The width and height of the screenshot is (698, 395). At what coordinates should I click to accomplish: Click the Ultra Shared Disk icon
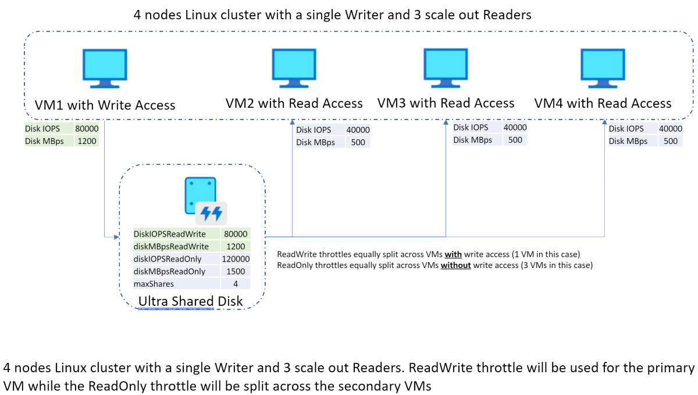[204, 200]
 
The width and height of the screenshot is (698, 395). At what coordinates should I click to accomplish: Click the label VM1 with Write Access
[105, 105]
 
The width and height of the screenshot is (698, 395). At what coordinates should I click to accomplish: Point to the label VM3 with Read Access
[446, 104]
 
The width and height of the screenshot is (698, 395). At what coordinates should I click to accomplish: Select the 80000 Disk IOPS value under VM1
[87, 129]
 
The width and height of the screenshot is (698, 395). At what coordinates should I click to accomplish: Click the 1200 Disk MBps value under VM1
[87, 141]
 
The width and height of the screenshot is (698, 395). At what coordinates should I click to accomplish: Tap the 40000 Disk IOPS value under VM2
[358, 130]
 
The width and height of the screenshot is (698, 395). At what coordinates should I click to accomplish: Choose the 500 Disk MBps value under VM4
[670, 141]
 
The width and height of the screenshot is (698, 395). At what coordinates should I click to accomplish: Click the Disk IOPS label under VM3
[471, 128]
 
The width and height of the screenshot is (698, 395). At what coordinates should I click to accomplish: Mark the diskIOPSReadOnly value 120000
[236, 259]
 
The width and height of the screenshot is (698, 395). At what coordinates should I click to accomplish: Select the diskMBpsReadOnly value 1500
[236, 271]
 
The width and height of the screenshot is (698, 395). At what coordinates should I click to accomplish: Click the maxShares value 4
[236, 284]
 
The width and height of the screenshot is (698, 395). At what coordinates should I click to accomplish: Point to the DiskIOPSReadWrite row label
[169, 234]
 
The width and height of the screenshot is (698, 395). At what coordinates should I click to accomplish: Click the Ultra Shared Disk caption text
[190, 301]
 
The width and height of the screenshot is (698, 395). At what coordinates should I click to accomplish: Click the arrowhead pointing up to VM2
[292, 124]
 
